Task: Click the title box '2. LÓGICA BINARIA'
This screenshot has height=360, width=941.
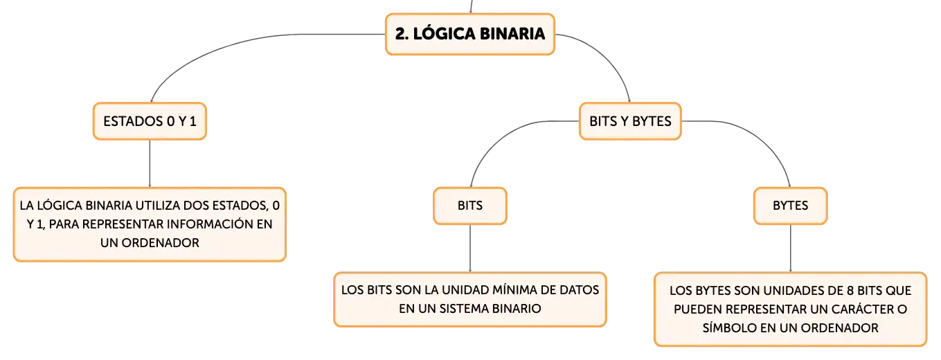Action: coord(470,34)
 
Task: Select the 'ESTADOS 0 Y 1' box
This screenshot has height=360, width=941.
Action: coord(150,121)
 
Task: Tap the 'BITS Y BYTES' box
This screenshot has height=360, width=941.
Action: coord(630,121)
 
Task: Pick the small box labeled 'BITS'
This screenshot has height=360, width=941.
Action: coord(470,206)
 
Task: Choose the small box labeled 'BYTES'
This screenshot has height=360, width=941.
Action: coord(790,206)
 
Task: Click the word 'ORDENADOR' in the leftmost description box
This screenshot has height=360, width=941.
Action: coord(160,243)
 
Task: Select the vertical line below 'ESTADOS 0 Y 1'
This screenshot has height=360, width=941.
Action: coord(150,163)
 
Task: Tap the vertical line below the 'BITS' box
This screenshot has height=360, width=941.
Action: coord(470,249)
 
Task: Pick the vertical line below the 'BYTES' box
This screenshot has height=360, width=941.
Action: coord(790,249)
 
